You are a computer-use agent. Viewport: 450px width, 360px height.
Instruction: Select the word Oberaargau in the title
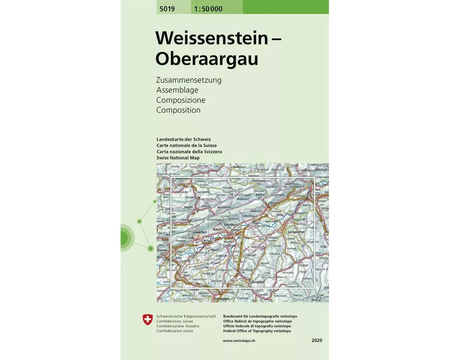[207, 58]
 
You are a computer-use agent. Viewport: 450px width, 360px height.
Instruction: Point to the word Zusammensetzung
[189, 81]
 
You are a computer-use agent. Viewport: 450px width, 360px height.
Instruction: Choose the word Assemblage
[177, 90]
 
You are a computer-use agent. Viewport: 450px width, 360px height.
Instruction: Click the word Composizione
[180, 100]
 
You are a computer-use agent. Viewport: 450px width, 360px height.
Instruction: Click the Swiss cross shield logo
[148, 320]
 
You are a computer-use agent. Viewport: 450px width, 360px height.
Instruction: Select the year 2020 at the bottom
[317, 341]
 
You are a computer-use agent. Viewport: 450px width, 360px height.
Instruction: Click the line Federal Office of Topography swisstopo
[257, 331]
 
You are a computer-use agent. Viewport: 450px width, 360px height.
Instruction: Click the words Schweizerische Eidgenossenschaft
[186, 317]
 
